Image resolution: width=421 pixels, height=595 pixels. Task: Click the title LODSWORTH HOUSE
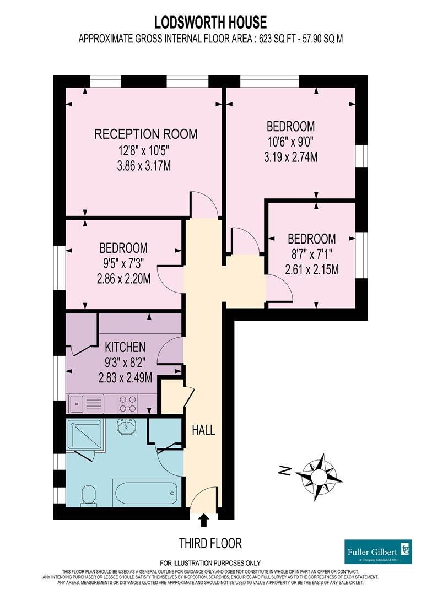tap(210, 22)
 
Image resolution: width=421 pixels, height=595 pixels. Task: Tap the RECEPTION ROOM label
tap(145, 134)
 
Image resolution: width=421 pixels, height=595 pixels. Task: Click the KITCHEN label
tap(126, 347)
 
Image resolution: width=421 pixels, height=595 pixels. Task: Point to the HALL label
tap(203, 430)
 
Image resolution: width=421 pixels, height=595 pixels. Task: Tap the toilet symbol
tap(88, 494)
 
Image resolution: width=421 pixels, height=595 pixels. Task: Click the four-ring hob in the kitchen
tap(128, 404)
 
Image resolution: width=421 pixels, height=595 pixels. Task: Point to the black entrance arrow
tap(204, 520)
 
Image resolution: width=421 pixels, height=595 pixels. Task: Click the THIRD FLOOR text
tap(210, 543)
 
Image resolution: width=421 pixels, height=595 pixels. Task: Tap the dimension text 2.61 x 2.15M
tap(311, 270)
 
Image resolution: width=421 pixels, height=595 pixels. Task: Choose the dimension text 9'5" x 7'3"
tap(123, 264)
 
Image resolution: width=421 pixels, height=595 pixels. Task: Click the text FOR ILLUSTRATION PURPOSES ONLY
tap(210, 563)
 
